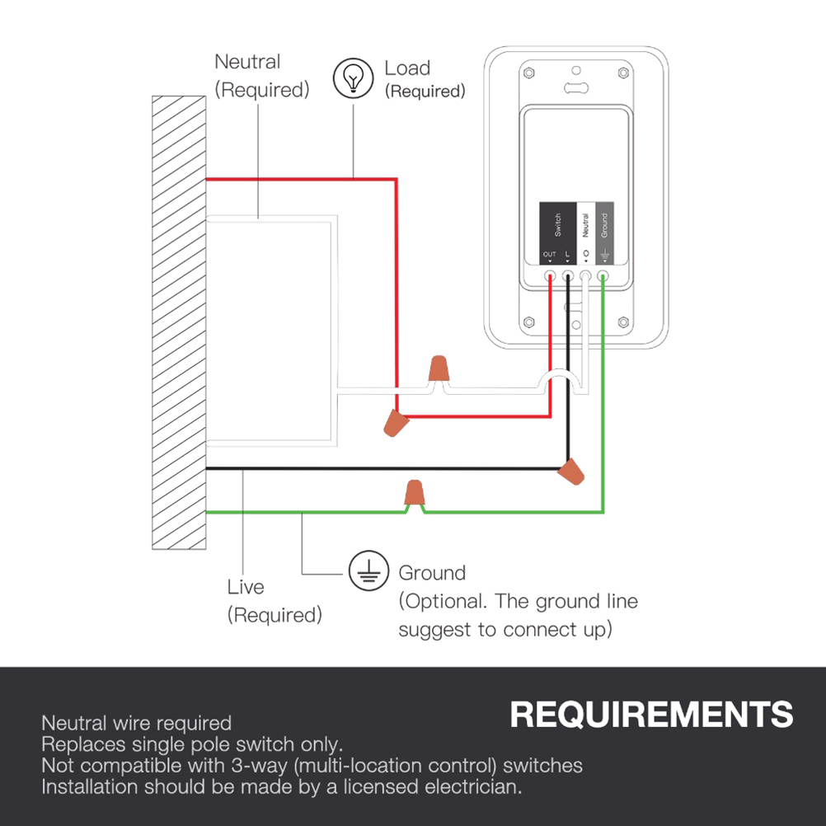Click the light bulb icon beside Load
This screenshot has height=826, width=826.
pyautogui.click(x=353, y=78)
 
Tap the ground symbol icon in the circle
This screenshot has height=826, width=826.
pyautogui.click(x=368, y=571)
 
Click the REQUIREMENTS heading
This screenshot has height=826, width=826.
pyautogui.click(x=651, y=715)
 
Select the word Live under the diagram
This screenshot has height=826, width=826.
pyautogui.click(x=246, y=587)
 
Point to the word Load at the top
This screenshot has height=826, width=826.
pyautogui.click(x=407, y=68)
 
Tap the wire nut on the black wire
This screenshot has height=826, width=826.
pyautogui.click(x=571, y=472)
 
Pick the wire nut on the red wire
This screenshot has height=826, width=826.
pyautogui.click(x=397, y=424)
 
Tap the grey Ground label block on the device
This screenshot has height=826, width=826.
pyautogui.click(x=604, y=232)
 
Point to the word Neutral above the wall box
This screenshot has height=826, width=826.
pyautogui.click(x=247, y=62)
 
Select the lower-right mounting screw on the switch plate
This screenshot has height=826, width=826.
pyautogui.click(x=622, y=321)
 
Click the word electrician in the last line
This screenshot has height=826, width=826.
pyautogui.click(x=472, y=786)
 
